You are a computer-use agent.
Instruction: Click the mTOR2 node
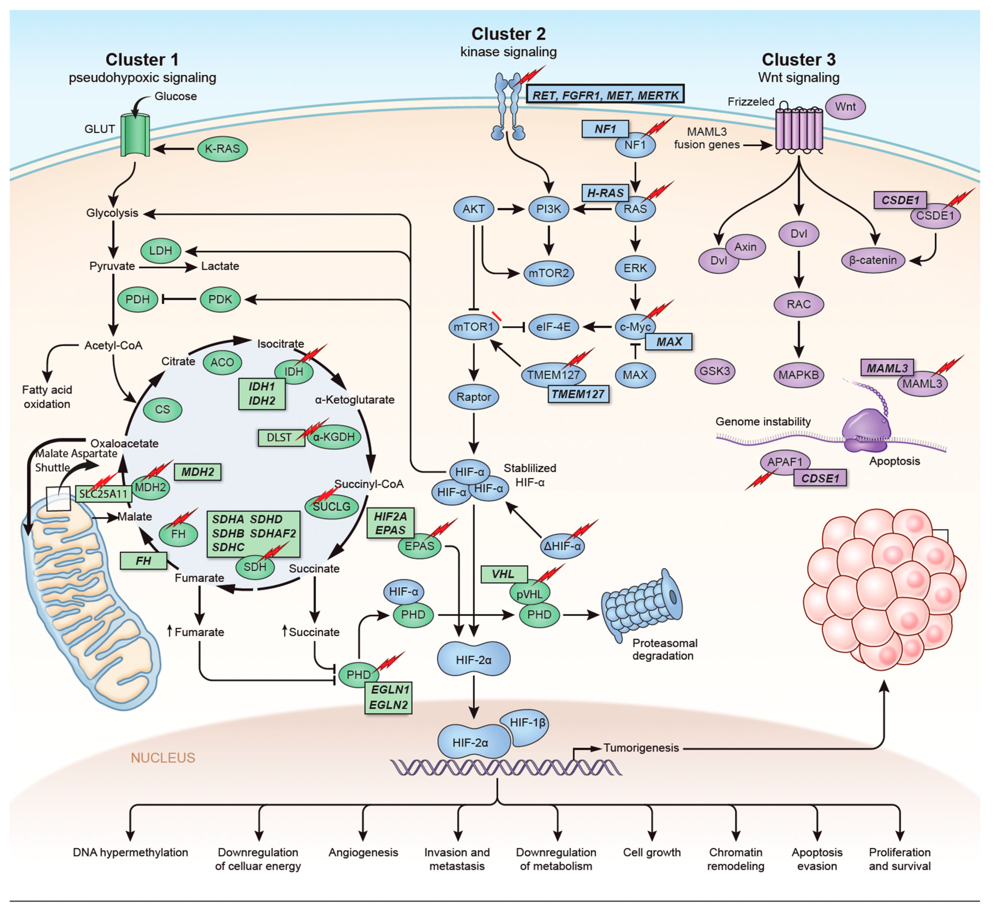click(548, 273)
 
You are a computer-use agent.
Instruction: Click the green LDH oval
click(161, 251)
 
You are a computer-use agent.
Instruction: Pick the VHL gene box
click(503, 574)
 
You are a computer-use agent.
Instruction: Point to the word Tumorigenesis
click(641, 748)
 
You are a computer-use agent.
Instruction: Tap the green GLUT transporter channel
click(136, 136)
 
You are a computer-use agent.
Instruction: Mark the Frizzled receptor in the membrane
click(799, 129)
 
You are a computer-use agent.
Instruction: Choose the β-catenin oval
click(873, 260)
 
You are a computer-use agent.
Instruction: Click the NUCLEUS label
click(163, 758)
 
